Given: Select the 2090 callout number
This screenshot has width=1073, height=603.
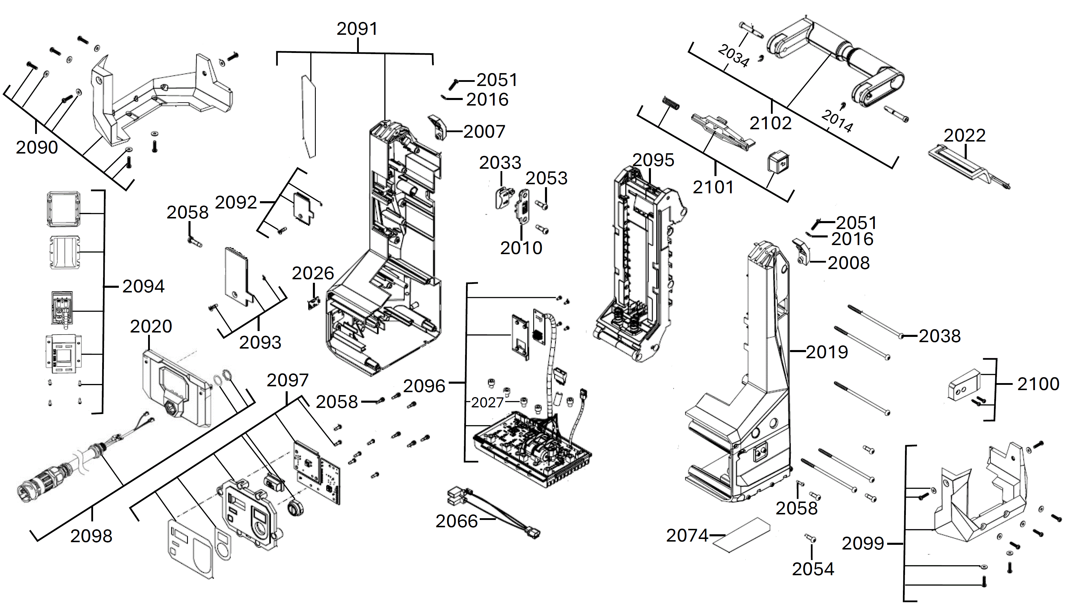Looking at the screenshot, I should click(x=37, y=148).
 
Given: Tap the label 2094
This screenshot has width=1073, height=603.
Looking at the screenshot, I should click(x=143, y=286).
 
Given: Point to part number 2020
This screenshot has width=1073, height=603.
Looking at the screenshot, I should click(x=151, y=326).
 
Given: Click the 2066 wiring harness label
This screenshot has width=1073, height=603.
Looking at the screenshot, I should click(x=457, y=521).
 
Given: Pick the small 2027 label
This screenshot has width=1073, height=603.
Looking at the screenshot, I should click(x=487, y=402).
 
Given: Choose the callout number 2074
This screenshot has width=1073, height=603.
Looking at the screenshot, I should click(x=687, y=535).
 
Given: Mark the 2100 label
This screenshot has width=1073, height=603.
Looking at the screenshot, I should click(x=1038, y=384).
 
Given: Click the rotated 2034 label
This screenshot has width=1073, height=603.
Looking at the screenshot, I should click(x=733, y=56).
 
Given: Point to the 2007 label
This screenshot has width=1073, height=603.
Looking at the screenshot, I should click(x=484, y=132).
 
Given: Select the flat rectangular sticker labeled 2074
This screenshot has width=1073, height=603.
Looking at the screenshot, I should click(x=741, y=535).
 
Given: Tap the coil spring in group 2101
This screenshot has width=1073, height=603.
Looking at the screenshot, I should click(x=671, y=103).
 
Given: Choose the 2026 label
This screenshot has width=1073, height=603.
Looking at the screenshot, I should click(x=313, y=273).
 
